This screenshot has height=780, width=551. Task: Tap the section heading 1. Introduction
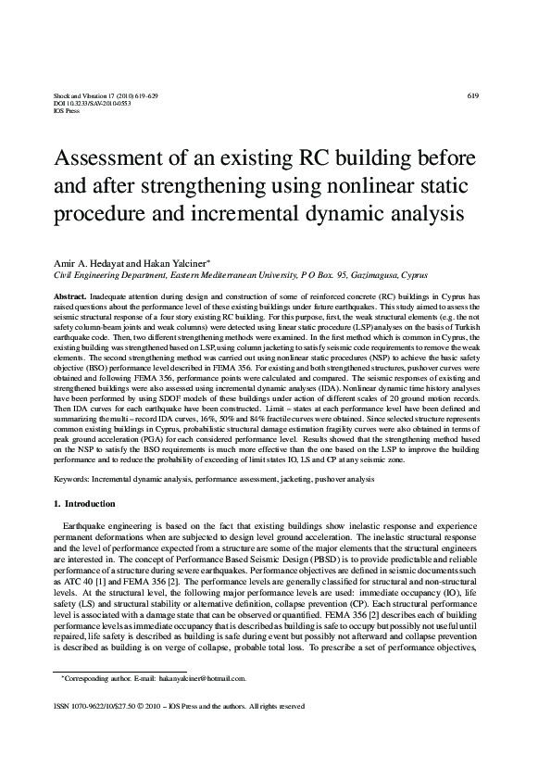(x=84, y=504)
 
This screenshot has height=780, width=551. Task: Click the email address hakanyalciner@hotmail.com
(x=200, y=678)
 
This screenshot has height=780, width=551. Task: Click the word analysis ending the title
(x=409, y=212)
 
